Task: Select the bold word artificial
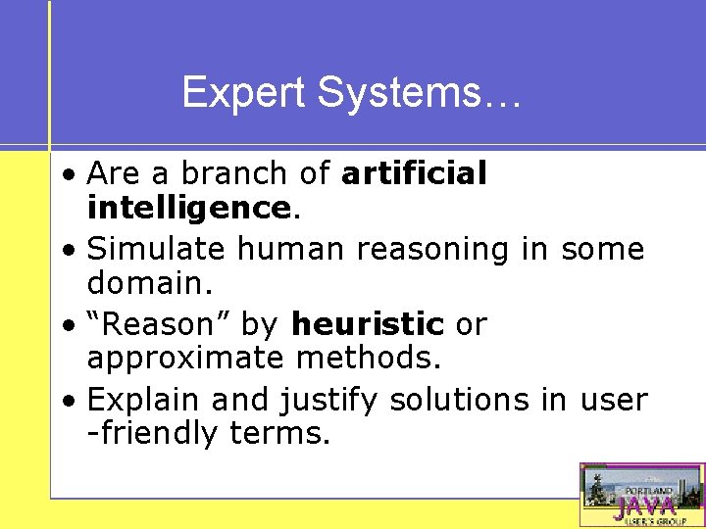point(413,173)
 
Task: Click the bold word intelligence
point(186,208)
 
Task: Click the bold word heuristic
point(368,324)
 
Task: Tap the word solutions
point(460,400)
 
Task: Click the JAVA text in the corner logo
point(644,506)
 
